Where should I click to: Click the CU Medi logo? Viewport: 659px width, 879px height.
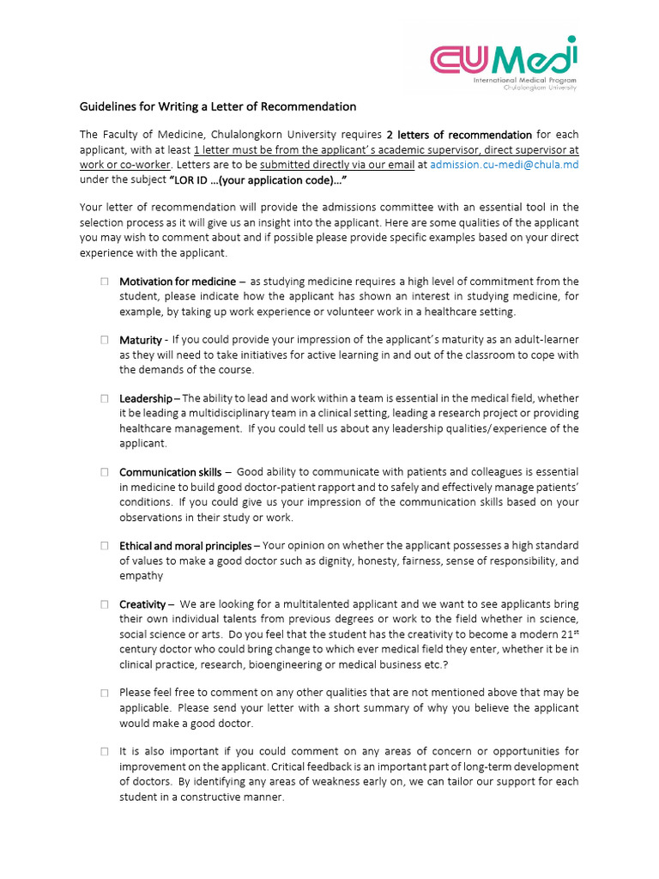(x=504, y=63)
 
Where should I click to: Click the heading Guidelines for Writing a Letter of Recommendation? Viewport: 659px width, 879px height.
(x=217, y=107)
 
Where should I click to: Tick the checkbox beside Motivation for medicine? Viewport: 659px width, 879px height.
(x=103, y=282)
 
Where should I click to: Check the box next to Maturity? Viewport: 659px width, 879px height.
(x=103, y=340)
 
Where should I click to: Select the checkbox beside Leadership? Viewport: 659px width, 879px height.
(x=103, y=398)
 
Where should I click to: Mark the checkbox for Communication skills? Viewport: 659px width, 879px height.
(x=103, y=472)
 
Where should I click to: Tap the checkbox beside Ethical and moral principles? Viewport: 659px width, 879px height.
(x=103, y=546)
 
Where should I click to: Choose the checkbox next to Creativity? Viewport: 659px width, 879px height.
(x=103, y=604)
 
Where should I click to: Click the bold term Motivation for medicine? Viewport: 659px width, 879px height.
(x=178, y=282)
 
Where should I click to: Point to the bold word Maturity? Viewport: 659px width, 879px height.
(x=141, y=340)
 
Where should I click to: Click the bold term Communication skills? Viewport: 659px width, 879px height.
(x=170, y=472)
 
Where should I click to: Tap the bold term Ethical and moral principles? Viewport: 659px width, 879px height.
(x=185, y=546)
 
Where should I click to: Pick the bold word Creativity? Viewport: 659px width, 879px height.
(x=142, y=604)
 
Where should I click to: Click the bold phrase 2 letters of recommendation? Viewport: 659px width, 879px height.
(x=459, y=135)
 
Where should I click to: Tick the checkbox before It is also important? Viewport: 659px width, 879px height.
(x=103, y=751)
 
